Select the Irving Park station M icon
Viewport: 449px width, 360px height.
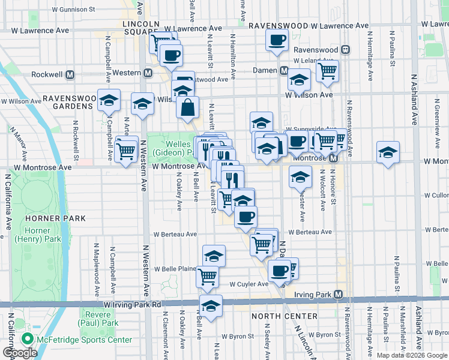coord(339,295)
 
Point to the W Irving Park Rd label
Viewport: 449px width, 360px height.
coord(132,305)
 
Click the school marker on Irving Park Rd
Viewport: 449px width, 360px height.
coord(211,305)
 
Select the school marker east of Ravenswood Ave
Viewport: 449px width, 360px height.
coord(388,152)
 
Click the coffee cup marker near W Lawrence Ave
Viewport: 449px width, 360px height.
coord(277,40)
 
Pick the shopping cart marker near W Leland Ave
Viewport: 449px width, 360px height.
coord(327,70)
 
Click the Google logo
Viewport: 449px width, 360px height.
coord(20,353)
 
